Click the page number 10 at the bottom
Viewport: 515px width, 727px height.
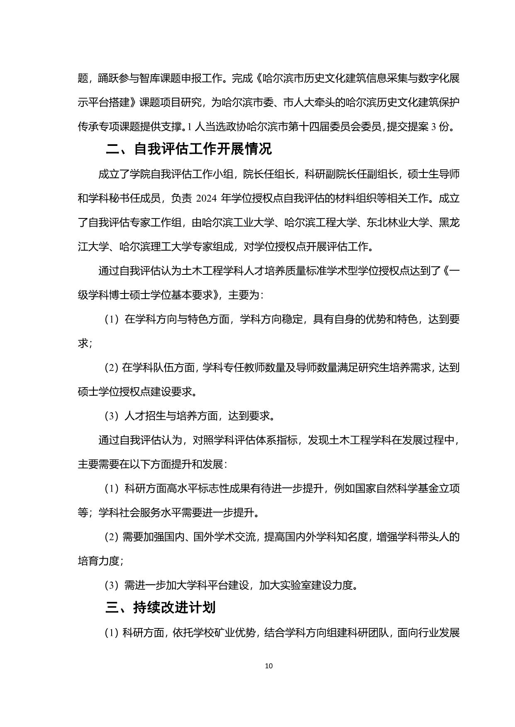[x=268, y=666]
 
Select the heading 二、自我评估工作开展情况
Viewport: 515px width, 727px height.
[x=189, y=148]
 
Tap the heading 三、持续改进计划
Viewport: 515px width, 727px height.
[x=161, y=608]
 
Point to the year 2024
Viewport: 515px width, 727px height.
[x=207, y=199]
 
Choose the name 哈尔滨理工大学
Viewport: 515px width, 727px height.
[x=156, y=247]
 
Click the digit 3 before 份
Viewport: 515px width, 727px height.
[x=434, y=127]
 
